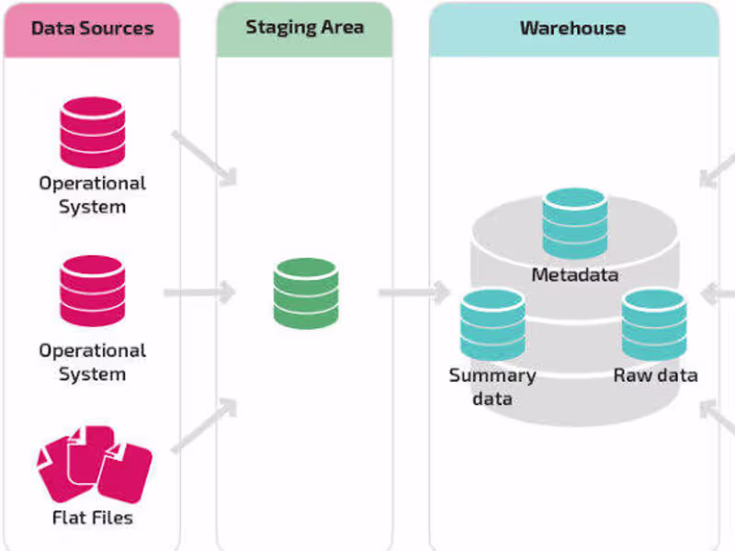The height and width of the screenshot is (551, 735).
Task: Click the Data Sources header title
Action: tap(91, 28)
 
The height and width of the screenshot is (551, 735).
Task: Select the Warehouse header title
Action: tap(572, 28)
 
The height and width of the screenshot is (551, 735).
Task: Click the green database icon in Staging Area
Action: tap(306, 292)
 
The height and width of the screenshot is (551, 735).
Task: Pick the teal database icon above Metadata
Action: tap(574, 223)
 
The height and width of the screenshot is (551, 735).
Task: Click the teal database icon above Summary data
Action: tap(492, 324)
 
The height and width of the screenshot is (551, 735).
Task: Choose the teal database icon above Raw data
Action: tap(653, 324)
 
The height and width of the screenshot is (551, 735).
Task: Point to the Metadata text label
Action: tap(574, 275)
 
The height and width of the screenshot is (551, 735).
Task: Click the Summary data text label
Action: tap(492, 387)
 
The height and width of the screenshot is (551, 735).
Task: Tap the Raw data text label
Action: tap(655, 375)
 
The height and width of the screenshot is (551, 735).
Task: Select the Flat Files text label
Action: tap(92, 518)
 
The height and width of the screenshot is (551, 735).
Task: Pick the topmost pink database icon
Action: tap(92, 131)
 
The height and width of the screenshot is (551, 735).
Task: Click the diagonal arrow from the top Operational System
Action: tap(204, 157)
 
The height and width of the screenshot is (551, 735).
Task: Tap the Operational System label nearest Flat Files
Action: tap(92, 363)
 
